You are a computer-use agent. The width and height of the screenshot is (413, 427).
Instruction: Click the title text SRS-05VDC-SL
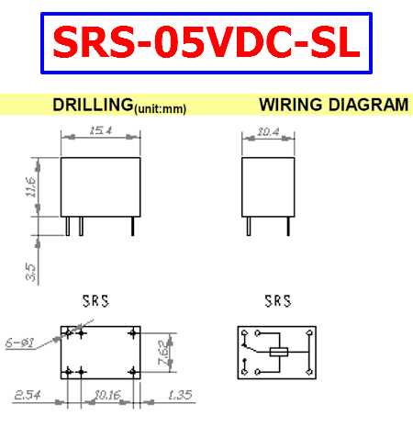tap(206, 43)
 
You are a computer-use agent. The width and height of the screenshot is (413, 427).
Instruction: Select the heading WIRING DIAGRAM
tap(333, 105)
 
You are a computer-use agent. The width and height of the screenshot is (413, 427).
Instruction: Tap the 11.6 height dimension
tap(30, 187)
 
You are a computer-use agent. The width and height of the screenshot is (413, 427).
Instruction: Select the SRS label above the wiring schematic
tap(276, 300)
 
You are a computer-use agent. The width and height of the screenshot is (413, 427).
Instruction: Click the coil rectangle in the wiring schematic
tap(279, 352)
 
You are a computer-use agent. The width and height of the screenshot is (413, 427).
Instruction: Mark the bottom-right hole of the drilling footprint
tap(134, 371)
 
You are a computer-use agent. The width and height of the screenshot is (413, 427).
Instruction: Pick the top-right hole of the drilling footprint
tap(134, 332)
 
